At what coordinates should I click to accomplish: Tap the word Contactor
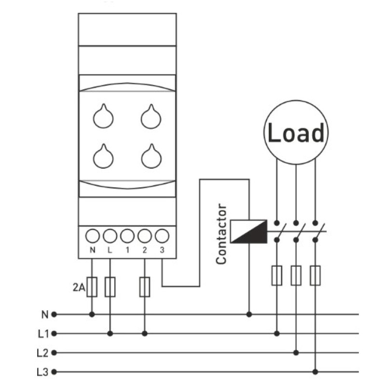click(221, 234)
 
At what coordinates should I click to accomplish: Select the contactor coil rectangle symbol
click(248, 232)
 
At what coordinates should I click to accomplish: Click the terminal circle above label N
click(92, 236)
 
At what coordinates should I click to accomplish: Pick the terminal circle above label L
click(110, 236)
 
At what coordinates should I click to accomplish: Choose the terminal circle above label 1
click(127, 236)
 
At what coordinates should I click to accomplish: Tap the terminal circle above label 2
click(144, 236)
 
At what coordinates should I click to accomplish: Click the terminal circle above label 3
click(162, 236)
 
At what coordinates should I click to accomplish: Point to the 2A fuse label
click(79, 287)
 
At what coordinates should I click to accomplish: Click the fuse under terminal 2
click(144, 287)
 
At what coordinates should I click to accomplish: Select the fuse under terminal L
click(110, 287)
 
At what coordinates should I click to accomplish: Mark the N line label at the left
click(45, 315)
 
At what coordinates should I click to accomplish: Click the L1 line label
click(43, 334)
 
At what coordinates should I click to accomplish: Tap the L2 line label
click(42, 353)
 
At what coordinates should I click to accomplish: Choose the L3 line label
click(42, 372)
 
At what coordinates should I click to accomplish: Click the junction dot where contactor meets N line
click(249, 315)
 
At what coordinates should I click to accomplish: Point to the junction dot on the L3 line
click(315, 372)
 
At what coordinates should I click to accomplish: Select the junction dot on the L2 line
click(296, 353)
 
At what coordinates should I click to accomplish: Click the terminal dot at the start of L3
click(54, 372)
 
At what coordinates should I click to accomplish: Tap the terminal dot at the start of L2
click(54, 353)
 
